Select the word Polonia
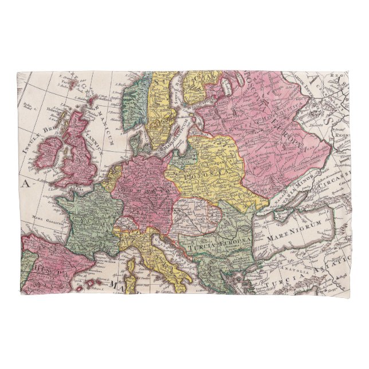coord(198,171)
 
